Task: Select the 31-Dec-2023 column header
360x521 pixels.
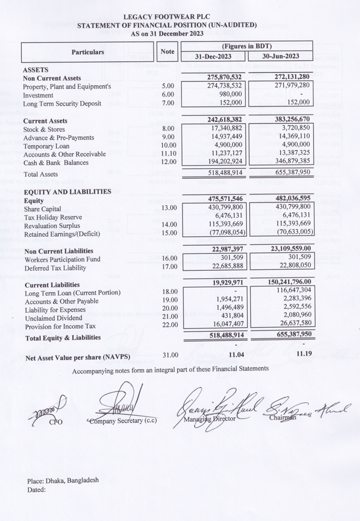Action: point(213,57)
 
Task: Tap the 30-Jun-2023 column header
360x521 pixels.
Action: point(280,57)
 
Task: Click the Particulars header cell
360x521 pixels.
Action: point(87,52)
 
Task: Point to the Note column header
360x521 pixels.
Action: point(168,52)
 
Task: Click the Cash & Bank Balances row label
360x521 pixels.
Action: point(56,162)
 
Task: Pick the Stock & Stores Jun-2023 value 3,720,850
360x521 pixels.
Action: point(291,128)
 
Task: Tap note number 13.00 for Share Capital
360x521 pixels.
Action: point(168,208)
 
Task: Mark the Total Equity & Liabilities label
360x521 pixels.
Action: point(63,338)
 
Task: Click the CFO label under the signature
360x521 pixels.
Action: point(56,422)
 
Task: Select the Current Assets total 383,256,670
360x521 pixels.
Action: point(285,120)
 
